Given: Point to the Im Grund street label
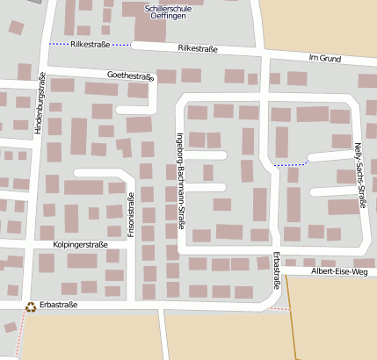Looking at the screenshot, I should coord(324,58).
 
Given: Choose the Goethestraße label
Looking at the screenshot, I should coord(130,76).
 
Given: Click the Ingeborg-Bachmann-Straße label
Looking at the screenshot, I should coord(182,191).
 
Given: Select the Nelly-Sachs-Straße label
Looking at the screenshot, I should coord(359,176).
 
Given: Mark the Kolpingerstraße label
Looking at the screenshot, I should coord(80,244).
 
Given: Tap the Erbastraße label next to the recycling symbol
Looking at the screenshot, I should coord(59,305).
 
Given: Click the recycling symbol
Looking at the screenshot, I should coord(31,306).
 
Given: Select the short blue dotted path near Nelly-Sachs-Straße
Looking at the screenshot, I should coord(290,164).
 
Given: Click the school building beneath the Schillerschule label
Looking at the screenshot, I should coord(150,27).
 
